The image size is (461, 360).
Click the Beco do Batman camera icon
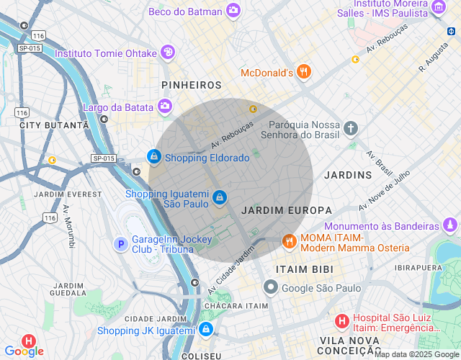[233, 10]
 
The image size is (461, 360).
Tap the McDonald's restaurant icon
[304, 72]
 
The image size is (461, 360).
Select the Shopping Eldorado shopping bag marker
[153, 156]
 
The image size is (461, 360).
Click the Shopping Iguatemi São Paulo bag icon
[220, 197]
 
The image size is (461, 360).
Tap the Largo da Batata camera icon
[165, 107]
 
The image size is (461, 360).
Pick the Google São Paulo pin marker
[270, 288]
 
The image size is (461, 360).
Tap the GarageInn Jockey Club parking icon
[121, 245]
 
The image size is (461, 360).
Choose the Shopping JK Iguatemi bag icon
[206, 330]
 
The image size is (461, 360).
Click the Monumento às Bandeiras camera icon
[449, 225]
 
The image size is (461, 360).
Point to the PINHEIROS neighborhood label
[192, 85]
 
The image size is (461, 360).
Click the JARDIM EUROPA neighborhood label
[287, 210]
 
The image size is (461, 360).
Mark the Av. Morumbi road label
[69, 227]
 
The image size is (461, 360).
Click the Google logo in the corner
[24, 351]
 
